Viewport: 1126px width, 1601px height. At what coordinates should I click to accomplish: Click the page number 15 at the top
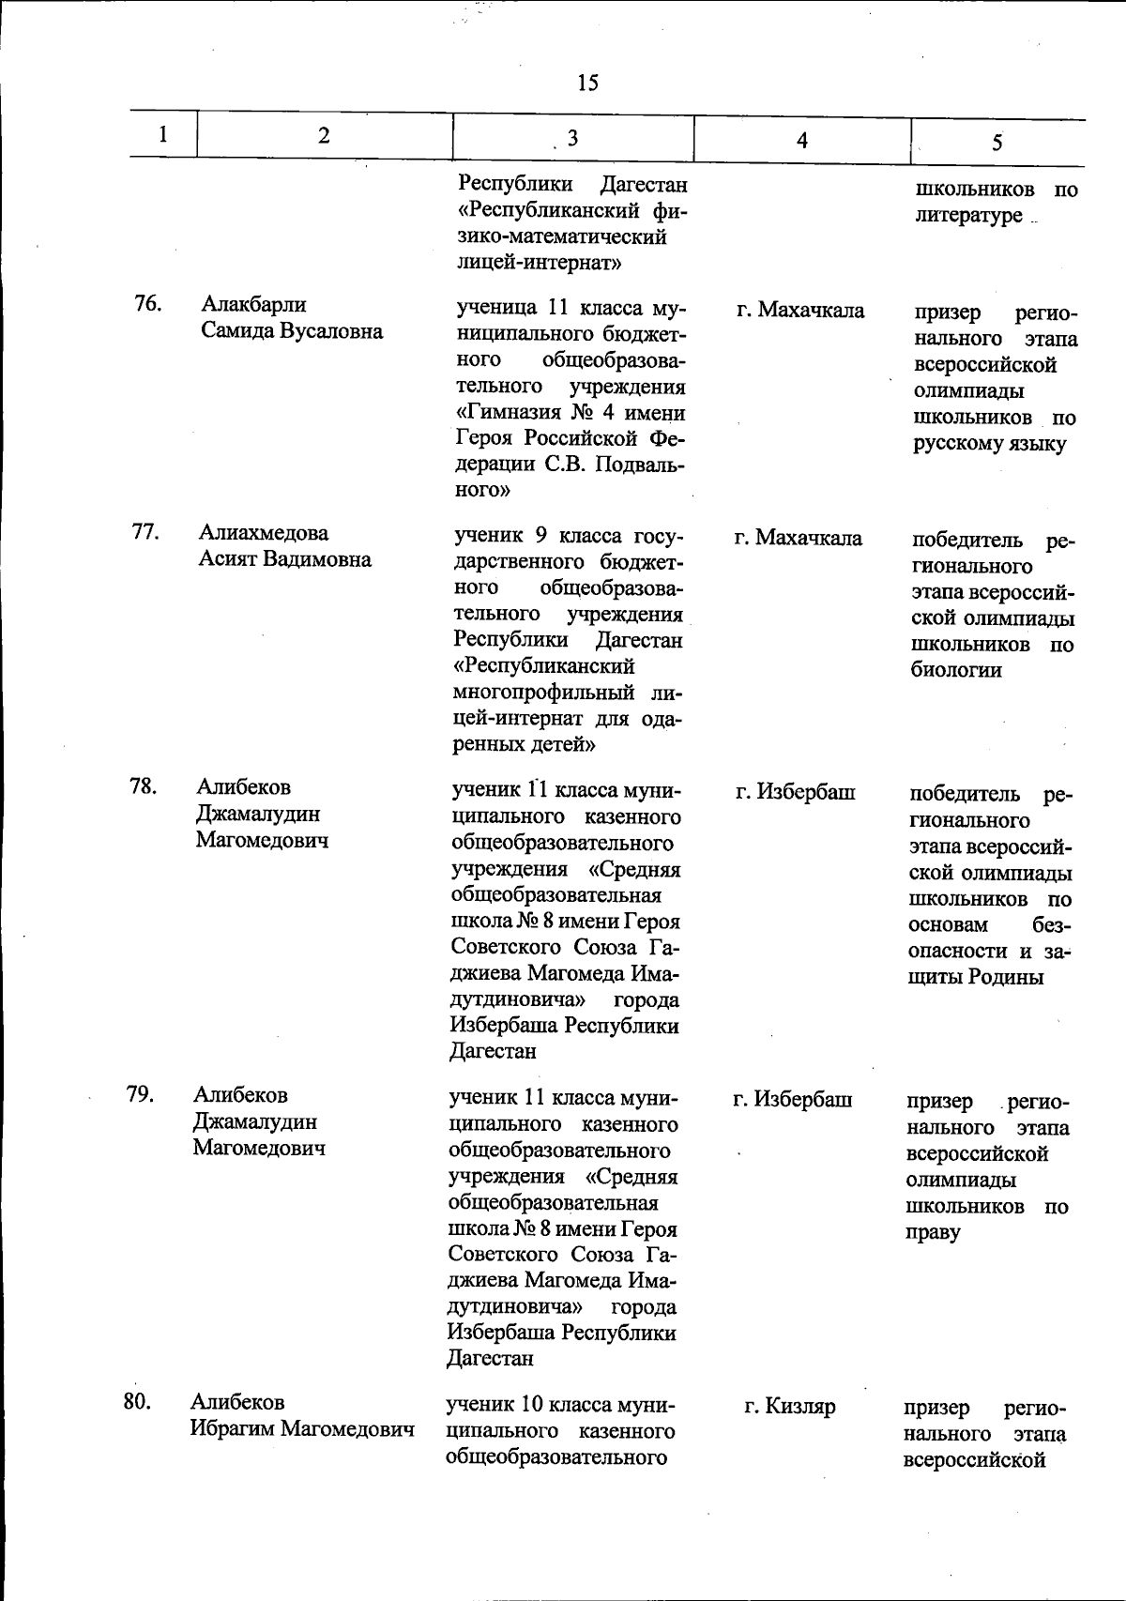(588, 84)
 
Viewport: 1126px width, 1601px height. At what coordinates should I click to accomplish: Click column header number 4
(801, 141)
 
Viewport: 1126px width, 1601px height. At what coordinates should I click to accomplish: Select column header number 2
(324, 135)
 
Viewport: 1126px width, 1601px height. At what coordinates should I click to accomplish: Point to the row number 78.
(144, 786)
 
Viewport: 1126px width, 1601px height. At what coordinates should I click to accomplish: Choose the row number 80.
(138, 1401)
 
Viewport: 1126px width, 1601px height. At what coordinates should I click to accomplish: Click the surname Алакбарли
(253, 305)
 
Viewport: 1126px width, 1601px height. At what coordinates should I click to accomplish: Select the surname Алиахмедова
(264, 533)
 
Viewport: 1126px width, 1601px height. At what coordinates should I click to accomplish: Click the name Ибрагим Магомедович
(302, 1428)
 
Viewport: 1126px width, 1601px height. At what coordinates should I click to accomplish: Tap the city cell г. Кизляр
(789, 1406)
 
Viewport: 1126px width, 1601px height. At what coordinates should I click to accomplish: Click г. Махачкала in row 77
(798, 538)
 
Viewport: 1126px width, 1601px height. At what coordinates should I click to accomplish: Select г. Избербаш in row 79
(792, 1099)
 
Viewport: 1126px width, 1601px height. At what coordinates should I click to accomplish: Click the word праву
(933, 1232)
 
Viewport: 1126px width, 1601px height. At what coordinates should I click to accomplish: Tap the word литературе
(968, 216)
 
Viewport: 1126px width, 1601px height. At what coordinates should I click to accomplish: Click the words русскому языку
(990, 443)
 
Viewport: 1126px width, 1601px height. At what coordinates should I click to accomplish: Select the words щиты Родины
(976, 977)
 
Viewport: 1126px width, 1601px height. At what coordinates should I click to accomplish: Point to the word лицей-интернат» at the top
(539, 263)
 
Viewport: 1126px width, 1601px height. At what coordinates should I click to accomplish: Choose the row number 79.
(140, 1094)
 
